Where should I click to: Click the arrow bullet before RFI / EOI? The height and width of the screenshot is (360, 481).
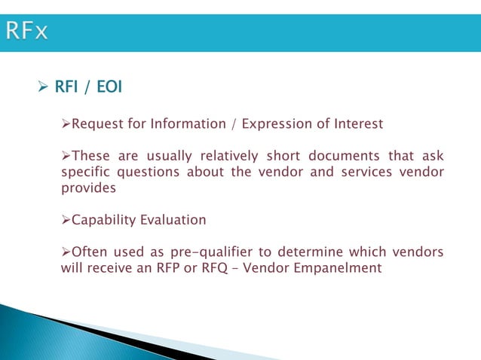click(42, 89)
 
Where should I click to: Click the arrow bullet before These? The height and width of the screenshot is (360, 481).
click(65, 157)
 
